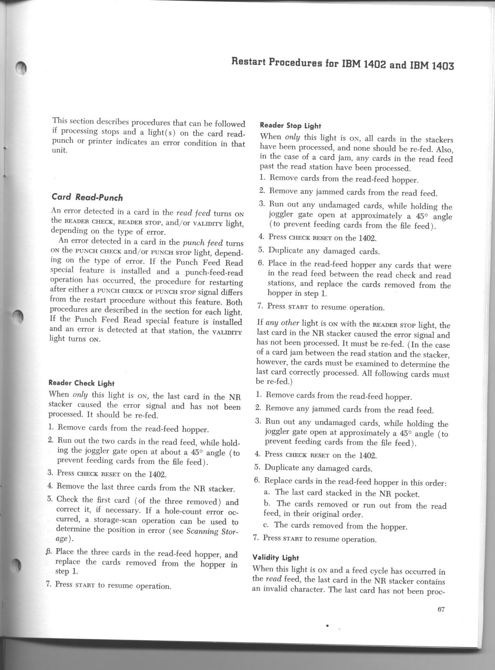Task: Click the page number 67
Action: coord(441,609)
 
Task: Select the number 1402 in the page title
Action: coord(375,64)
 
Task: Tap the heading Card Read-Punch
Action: coord(87,197)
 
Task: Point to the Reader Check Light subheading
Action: coord(81,383)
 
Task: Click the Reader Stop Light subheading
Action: coord(290,125)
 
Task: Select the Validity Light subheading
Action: coord(276,558)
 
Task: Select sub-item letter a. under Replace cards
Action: coord(267,492)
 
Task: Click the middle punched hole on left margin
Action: coord(17,319)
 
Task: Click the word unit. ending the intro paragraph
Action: coord(60,151)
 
